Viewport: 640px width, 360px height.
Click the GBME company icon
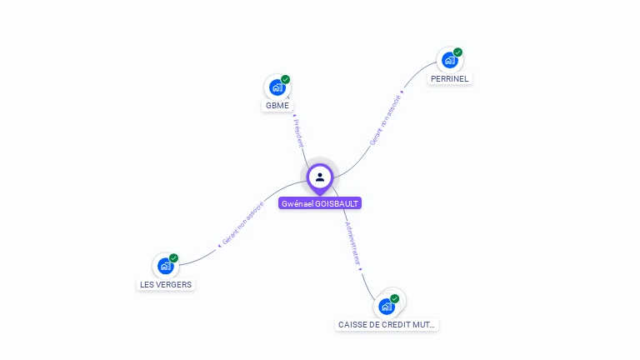tap(277, 87)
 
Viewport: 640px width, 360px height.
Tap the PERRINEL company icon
tap(449, 60)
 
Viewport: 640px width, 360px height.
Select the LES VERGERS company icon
tap(165, 266)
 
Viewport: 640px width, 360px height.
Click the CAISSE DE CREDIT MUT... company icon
tap(387, 306)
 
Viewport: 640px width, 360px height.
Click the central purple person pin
tap(320, 177)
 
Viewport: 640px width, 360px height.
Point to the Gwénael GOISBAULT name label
tap(320, 203)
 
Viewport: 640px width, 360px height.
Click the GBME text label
tap(277, 106)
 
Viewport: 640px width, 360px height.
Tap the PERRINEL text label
tap(450, 78)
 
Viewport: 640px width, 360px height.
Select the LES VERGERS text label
tap(165, 284)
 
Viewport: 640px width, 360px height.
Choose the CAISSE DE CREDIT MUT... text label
tap(387, 324)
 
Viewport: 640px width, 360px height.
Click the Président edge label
tap(298, 133)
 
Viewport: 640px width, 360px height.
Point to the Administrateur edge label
tap(352, 243)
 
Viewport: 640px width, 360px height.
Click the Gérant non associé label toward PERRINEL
tap(385, 119)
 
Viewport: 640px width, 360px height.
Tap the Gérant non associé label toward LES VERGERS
tap(242, 223)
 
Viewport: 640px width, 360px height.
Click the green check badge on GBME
tap(285, 80)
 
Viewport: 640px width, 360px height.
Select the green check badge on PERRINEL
tap(457, 52)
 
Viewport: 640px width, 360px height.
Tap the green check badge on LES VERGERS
tap(173, 258)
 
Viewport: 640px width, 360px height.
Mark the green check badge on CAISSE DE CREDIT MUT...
tap(395, 298)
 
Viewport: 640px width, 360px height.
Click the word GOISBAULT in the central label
tap(337, 203)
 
